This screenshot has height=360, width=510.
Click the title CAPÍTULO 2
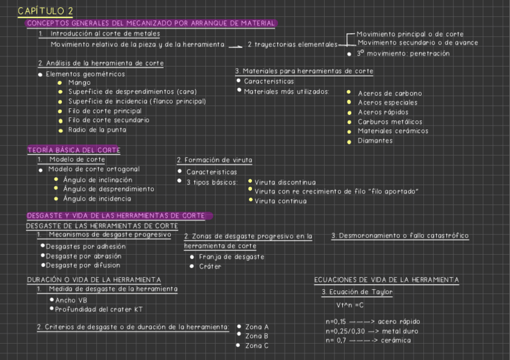(x=46, y=11)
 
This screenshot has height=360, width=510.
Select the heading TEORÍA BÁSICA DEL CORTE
(x=73, y=150)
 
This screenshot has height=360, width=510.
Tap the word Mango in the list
(x=79, y=82)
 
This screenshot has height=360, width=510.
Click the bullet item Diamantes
(x=375, y=141)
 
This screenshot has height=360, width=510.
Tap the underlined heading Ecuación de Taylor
(x=357, y=292)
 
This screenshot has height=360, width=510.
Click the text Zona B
(x=257, y=336)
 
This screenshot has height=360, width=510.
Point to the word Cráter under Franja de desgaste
(x=210, y=266)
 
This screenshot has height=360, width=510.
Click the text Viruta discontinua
(x=285, y=182)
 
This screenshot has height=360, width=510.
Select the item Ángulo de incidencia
(x=97, y=198)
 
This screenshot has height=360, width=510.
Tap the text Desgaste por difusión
(x=83, y=265)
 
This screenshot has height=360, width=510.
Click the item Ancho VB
(x=71, y=300)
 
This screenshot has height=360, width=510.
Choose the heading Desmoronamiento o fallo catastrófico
(x=400, y=236)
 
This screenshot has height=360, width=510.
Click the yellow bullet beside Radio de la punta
(x=60, y=130)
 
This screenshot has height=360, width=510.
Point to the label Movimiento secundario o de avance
(x=417, y=43)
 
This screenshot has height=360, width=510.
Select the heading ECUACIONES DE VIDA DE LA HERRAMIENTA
(x=386, y=280)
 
